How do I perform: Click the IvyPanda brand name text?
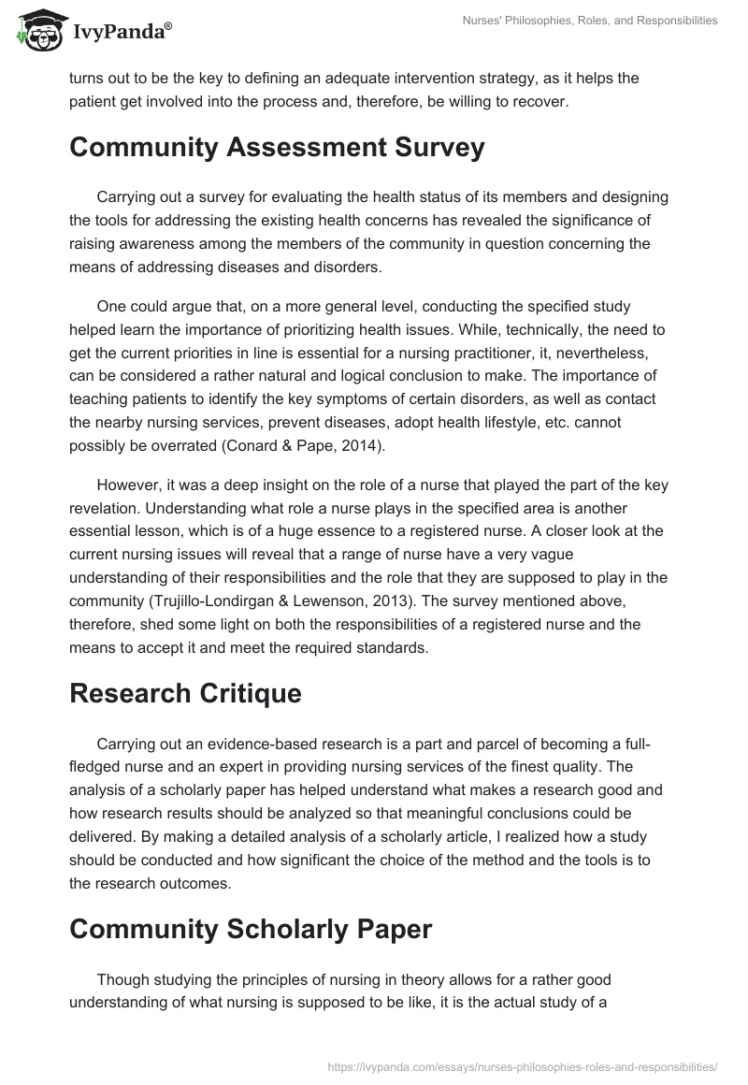[x=122, y=32]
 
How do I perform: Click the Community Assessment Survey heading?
[x=277, y=148]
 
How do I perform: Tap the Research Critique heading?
[x=185, y=693]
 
